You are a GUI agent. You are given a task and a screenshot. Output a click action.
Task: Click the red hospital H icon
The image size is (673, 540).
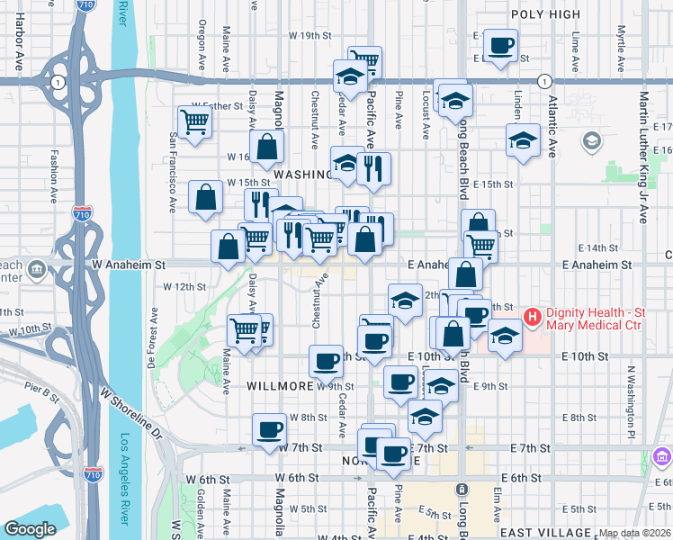532,317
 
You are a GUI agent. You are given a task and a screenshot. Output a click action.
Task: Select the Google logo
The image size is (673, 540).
31,529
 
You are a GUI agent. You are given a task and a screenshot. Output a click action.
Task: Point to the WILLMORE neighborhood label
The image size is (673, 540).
279,386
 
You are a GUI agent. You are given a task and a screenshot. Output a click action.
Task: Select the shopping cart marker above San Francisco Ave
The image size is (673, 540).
194,121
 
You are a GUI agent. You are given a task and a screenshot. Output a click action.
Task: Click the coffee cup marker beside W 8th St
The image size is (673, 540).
269,429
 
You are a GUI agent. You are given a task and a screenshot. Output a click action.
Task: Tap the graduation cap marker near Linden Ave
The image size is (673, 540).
523,139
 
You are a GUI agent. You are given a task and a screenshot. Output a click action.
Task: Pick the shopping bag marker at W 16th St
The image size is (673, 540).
267,147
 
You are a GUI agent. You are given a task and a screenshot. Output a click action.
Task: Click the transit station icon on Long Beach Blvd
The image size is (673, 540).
462,489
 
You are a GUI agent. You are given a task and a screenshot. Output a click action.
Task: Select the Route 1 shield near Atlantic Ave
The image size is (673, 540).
543,81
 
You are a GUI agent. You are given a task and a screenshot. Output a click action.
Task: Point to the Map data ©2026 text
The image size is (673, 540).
634,533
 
